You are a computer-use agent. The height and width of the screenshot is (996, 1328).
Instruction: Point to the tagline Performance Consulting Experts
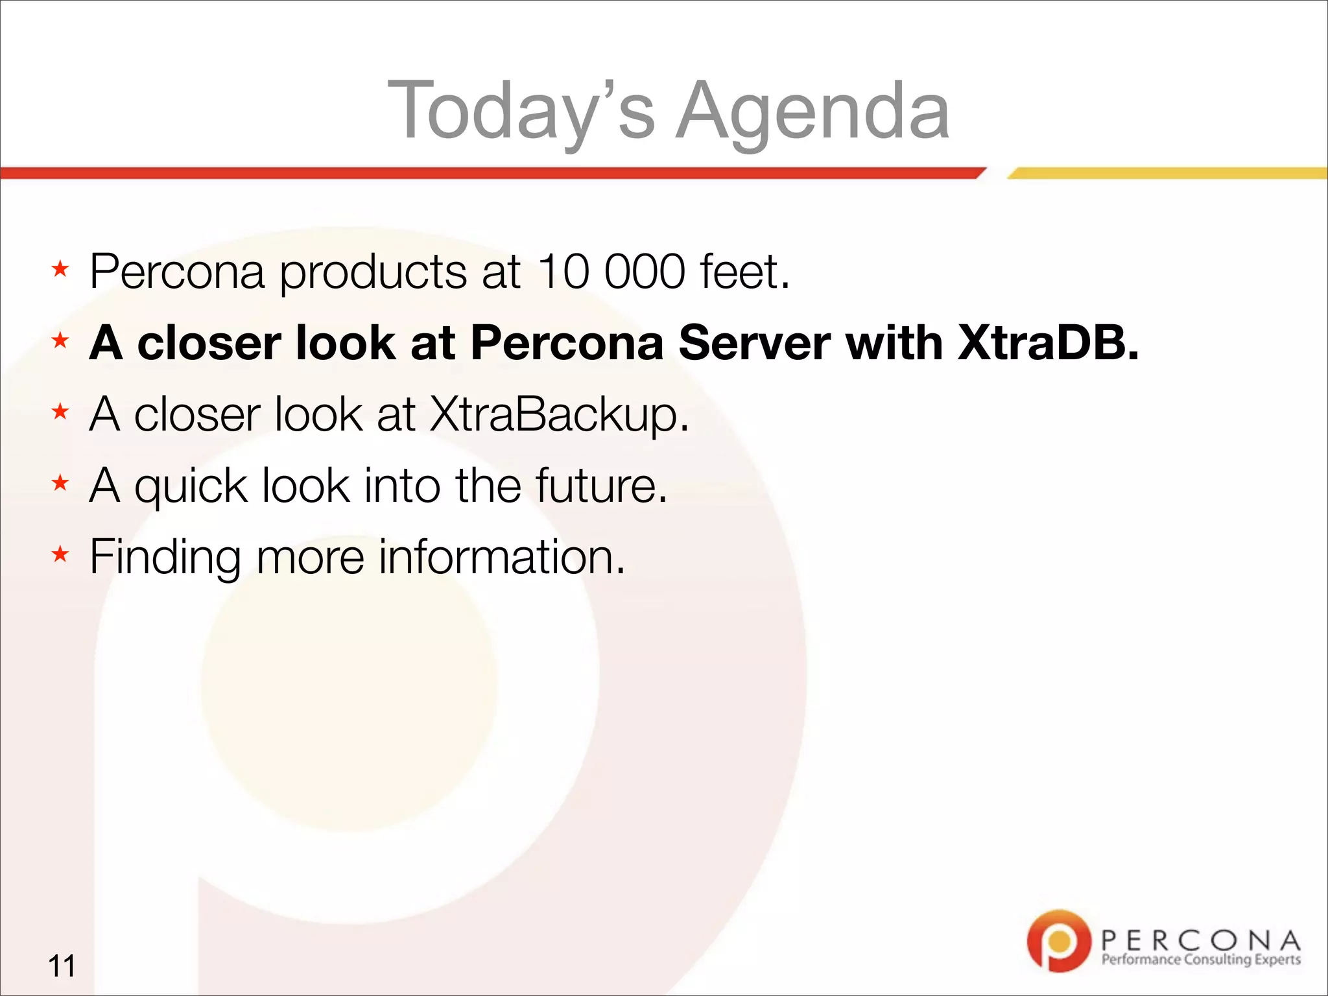click(1201, 960)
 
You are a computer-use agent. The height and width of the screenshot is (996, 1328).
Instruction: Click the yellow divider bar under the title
click(1167, 173)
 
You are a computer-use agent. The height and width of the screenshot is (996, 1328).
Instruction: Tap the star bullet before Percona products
click(60, 268)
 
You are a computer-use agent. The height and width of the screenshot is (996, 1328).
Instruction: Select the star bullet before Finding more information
click(60, 554)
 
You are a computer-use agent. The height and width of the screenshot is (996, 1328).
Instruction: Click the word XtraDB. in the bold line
click(1048, 342)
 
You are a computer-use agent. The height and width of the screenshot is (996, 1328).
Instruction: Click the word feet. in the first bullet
click(745, 271)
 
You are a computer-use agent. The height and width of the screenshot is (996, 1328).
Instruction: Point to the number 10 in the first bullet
click(563, 271)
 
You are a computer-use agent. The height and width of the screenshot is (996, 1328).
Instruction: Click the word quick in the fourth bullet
click(191, 486)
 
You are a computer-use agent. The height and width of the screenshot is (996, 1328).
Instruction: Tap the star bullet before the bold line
click(60, 340)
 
